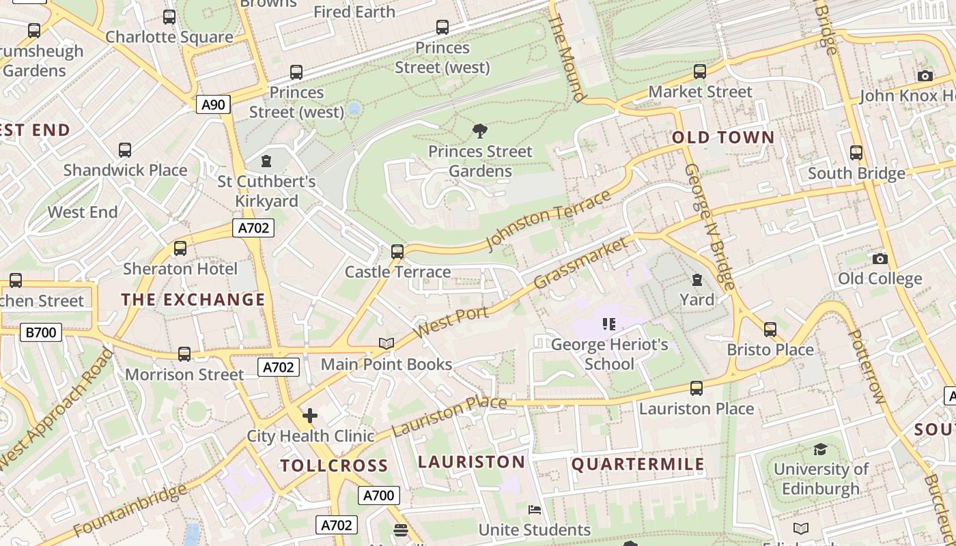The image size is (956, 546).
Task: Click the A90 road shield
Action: click(x=214, y=104)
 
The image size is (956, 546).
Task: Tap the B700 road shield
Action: click(x=41, y=333)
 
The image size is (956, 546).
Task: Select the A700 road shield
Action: click(x=378, y=495)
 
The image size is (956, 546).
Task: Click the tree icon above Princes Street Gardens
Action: click(x=480, y=130)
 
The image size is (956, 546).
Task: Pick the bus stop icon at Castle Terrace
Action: click(x=397, y=252)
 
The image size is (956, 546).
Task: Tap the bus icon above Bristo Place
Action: click(x=770, y=330)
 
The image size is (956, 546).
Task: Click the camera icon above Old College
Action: click(x=880, y=259)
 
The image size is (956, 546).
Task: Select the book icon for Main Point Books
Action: click(x=386, y=344)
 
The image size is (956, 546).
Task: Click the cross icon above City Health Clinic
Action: click(x=310, y=415)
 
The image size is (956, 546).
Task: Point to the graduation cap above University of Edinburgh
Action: click(x=820, y=449)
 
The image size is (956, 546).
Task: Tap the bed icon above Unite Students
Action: click(x=535, y=510)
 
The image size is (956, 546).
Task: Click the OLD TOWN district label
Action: click(x=723, y=138)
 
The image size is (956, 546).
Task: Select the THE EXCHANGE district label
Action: click(x=193, y=300)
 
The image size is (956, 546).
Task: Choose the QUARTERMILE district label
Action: click(x=638, y=465)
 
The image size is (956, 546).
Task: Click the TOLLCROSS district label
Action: click(x=334, y=465)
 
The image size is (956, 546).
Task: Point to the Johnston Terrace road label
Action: click(x=548, y=220)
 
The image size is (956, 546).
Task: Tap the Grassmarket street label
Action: click(x=580, y=263)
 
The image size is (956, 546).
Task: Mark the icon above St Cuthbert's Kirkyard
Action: click(x=266, y=161)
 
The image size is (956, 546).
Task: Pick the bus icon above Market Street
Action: click(x=700, y=72)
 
